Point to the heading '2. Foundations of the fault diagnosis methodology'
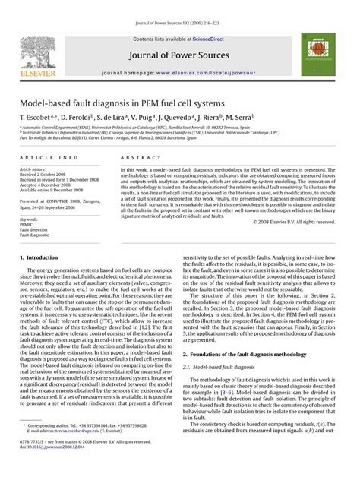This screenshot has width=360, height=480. coord(247,355)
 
